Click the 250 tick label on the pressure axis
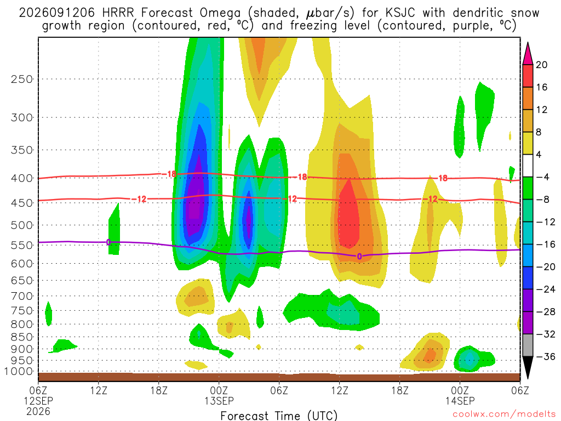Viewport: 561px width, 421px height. click(x=22, y=79)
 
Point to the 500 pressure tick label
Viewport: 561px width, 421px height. click(x=22, y=225)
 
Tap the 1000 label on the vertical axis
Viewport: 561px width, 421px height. click(x=19, y=371)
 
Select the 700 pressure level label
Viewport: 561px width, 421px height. click(x=22, y=296)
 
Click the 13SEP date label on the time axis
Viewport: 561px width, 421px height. click(x=219, y=401)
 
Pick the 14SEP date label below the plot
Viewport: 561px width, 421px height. click(x=460, y=401)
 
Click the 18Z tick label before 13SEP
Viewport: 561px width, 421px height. click(x=158, y=390)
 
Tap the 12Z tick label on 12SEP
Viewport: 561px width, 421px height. click(x=99, y=390)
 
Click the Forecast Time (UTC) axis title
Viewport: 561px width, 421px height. click(x=279, y=416)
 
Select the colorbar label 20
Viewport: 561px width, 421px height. click(x=541, y=65)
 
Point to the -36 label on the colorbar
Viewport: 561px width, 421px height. click(x=545, y=356)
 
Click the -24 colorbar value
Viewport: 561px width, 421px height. click(x=545, y=289)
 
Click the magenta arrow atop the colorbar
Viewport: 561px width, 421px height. click(x=528, y=54)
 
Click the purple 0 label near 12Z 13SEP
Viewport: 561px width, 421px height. click(x=359, y=257)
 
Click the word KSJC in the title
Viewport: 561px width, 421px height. click(x=400, y=13)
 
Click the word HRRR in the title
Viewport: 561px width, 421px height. click(x=118, y=13)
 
